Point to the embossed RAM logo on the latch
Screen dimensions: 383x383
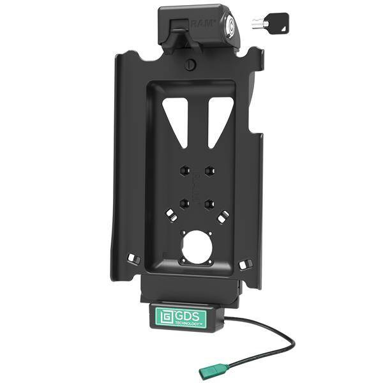(x=202, y=24)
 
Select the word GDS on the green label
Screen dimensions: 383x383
(x=187, y=317)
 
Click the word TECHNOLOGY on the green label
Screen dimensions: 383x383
(x=187, y=324)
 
